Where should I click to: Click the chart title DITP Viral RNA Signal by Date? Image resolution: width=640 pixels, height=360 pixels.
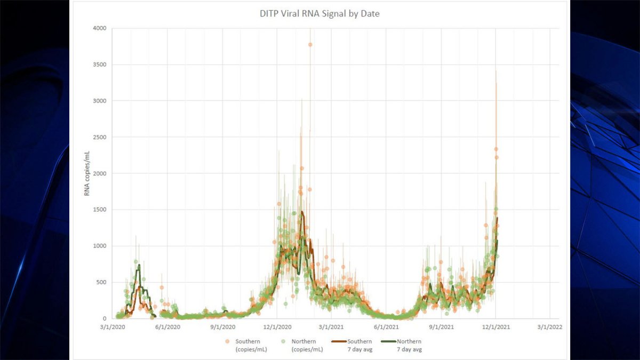316,14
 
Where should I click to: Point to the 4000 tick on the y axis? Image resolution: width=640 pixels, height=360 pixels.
100,28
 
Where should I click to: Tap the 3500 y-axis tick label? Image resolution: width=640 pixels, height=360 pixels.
100,65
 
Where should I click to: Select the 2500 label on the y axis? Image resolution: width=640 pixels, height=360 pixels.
100,137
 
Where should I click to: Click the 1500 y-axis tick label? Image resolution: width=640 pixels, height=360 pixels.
100,210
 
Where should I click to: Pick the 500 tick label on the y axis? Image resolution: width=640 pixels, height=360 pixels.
101,282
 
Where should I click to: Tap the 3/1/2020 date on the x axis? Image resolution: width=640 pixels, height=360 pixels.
113,327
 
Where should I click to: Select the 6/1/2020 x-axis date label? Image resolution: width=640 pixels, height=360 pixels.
167,327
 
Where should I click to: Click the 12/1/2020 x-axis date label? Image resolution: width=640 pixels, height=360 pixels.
276,327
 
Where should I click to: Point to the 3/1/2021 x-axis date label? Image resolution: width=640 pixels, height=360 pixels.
331,327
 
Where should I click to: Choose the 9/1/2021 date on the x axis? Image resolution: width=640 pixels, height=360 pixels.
441,327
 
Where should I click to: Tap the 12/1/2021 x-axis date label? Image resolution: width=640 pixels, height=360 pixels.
496,327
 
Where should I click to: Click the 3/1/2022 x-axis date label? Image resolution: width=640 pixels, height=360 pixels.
550,327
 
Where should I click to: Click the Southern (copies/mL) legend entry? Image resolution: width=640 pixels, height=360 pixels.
248,345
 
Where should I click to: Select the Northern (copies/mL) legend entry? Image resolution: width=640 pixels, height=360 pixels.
304,345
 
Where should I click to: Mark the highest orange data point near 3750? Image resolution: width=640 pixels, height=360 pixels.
310,44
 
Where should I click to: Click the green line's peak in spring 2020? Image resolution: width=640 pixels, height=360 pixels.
139,265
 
